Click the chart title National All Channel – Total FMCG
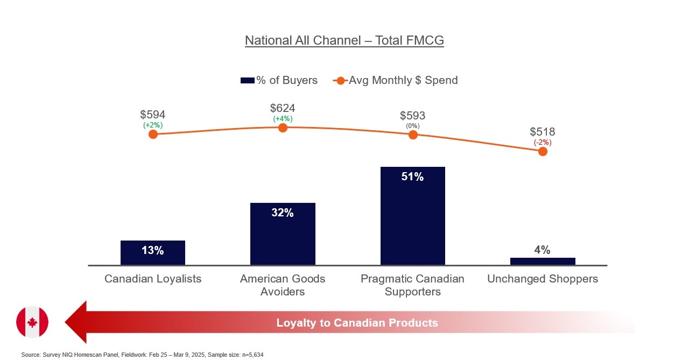click(x=344, y=40)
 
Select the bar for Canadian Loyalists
click(x=153, y=253)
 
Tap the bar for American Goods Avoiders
click(x=283, y=234)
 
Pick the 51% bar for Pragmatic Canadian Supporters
click(x=413, y=216)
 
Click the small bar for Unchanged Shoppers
click(x=543, y=262)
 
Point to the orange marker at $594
click(x=153, y=135)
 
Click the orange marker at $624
click(x=283, y=128)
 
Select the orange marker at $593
click(x=413, y=135)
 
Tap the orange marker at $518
click(x=543, y=152)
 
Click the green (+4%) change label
click(x=283, y=119)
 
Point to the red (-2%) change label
click(x=543, y=143)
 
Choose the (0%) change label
click(x=413, y=126)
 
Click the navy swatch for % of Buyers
click(x=247, y=81)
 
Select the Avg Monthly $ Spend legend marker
click(x=341, y=81)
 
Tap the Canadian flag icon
click(x=32, y=322)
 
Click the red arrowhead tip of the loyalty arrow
click(x=65, y=322)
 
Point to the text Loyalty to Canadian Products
click(x=357, y=323)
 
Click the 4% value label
click(x=542, y=250)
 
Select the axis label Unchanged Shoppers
click(x=543, y=279)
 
